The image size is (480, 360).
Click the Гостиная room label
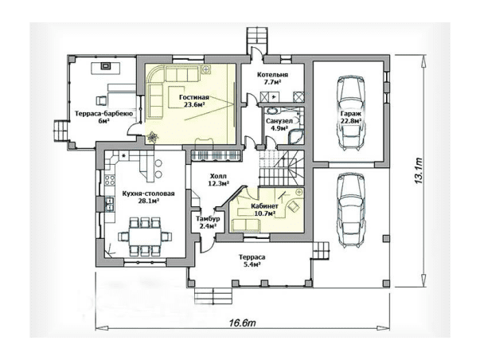click(x=194, y=97)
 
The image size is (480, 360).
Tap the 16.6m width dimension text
click(x=242, y=323)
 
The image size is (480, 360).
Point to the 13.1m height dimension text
click(x=419, y=171)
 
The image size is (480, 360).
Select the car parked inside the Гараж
click(x=351, y=113)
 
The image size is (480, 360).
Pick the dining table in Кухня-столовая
click(x=145, y=237)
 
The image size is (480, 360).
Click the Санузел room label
click(x=279, y=121)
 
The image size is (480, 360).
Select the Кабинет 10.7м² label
click(x=264, y=210)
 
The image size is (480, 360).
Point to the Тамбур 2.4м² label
click(x=208, y=223)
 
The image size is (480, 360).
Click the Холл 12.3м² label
click(x=219, y=180)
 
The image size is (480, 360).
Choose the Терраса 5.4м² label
click(x=252, y=260)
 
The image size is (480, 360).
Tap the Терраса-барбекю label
click(x=103, y=114)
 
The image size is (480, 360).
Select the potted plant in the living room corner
click(x=152, y=137)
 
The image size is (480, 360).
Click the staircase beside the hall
click(x=282, y=168)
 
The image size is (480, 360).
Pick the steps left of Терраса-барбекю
click(x=60, y=130)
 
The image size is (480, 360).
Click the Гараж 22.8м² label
click(x=351, y=117)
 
